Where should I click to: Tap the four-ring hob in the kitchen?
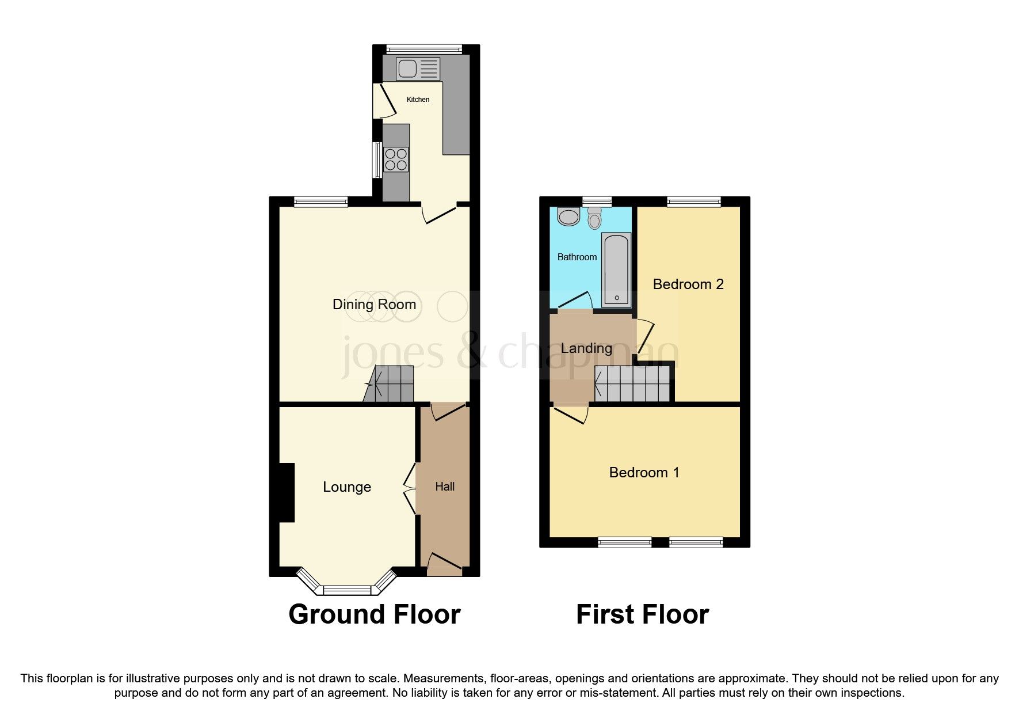click(396, 159)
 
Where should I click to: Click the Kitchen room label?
click(418, 100)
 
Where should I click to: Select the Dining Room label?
click(374, 305)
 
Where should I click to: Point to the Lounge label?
click(346, 487)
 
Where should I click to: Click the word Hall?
click(445, 487)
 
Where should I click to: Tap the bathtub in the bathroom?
click(616, 269)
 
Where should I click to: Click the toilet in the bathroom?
click(594, 218)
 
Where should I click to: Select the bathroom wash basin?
click(568, 217)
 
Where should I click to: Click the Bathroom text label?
click(577, 257)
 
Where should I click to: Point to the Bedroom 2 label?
click(688, 284)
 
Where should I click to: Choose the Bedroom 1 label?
click(644, 473)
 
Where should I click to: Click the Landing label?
click(586, 348)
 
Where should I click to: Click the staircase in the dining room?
click(390, 384)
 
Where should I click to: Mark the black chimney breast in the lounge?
click(287, 493)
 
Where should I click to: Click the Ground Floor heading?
click(374, 615)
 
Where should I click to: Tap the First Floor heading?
click(642, 615)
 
